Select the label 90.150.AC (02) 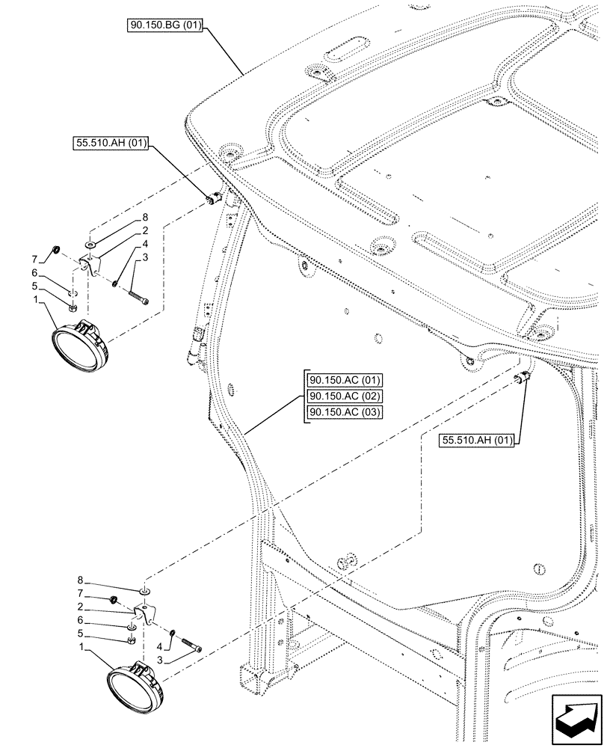tap(344, 396)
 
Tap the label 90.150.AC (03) tap(344, 413)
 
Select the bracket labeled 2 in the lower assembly tap(146, 613)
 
